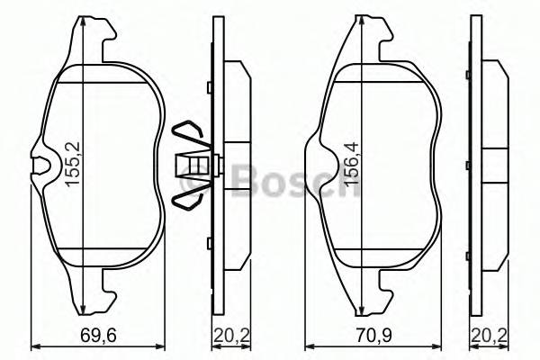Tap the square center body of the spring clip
193,165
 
